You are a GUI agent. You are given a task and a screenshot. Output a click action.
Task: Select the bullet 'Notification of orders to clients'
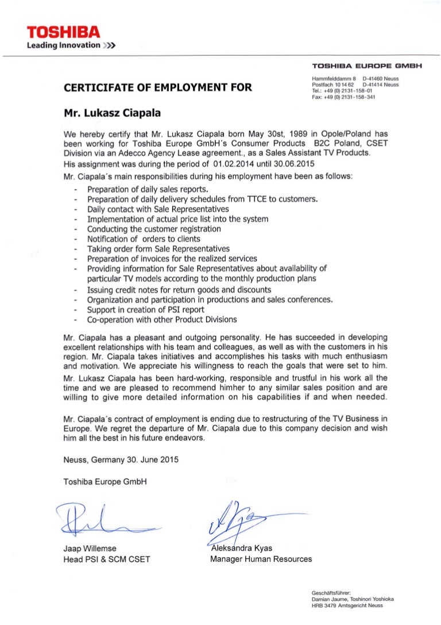click(x=144, y=239)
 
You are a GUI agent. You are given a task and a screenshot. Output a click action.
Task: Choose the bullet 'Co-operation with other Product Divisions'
click(x=162, y=320)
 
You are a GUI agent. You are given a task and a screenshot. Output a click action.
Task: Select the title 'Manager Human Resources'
click(x=261, y=558)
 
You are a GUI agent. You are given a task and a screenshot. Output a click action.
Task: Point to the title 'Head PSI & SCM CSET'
click(x=106, y=558)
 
